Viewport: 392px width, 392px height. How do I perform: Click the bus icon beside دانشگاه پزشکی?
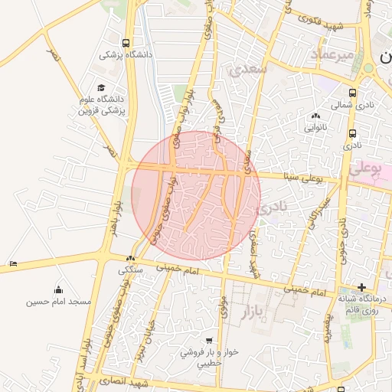click(x=126, y=43)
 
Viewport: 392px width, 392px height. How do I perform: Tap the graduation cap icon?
click(x=101, y=88)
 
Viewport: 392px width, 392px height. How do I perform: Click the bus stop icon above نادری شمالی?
click(x=354, y=93)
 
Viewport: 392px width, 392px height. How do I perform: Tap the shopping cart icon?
click(x=210, y=340)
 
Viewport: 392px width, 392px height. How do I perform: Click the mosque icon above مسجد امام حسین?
click(x=58, y=289)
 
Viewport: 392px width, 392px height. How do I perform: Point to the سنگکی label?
click(x=130, y=270)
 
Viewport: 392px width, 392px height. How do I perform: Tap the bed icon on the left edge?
click(x=13, y=263)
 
